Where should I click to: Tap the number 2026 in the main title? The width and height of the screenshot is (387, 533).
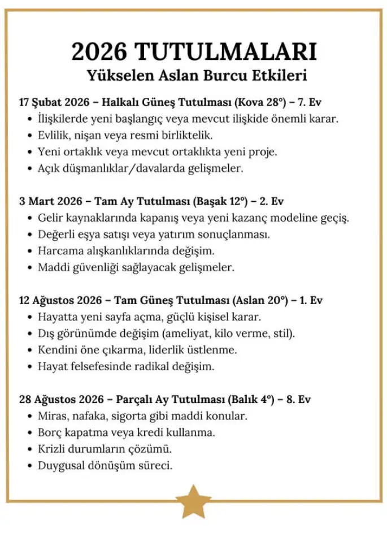pos(99,53)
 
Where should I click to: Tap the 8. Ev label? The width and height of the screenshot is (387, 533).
pos(298,400)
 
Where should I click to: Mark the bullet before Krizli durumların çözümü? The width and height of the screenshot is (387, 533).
pos(29,449)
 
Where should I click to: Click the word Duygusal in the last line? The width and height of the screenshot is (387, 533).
pos(59,466)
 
